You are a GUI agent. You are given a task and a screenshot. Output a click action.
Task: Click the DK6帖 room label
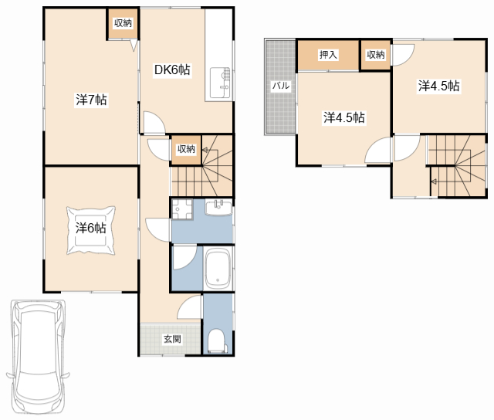click(x=172, y=69)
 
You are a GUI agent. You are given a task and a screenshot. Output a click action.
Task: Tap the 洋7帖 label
click(x=91, y=100)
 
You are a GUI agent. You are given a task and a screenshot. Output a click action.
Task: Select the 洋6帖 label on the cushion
click(x=91, y=228)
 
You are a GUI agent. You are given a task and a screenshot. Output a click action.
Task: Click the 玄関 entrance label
click(x=172, y=339)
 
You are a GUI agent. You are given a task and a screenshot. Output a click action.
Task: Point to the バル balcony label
click(x=281, y=86)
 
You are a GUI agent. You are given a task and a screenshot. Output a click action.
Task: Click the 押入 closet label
click(x=328, y=55)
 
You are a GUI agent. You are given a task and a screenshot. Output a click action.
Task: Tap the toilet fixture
click(x=217, y=341)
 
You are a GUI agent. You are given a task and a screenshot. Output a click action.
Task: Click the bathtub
click(x=218, y=269)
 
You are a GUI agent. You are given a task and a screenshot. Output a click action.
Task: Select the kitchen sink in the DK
click(x=220, y=83)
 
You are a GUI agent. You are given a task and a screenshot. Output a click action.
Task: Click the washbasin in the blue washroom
click(x=218, y=208)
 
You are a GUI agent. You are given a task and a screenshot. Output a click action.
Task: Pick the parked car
click(x=38, y=358)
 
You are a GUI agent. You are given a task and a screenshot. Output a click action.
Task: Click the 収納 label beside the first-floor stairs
click(x=186, y=149)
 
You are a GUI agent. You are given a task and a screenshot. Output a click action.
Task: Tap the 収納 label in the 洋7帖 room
click(x=123, y=23)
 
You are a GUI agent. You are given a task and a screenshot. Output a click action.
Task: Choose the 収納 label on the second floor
click(x=376, y=55)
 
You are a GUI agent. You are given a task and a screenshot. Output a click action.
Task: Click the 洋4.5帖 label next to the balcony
click(x=344, y=117)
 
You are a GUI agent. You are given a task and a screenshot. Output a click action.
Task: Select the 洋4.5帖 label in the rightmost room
click(x=438, y=86)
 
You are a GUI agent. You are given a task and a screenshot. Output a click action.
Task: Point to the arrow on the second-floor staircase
click(x=434, y=181)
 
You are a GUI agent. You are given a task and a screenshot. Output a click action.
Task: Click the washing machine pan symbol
click(x=182, y=209)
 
